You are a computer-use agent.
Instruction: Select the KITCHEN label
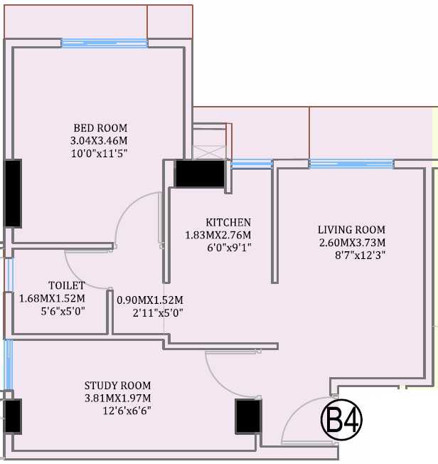pyautogui.click(x=228, y=223)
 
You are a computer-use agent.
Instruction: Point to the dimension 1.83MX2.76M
pyautogui.click(x=218, y=235)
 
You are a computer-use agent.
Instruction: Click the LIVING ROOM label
pyautogui.click(x=351, y=230)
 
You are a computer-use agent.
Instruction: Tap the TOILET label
pyautogui.click(x=67, y=285)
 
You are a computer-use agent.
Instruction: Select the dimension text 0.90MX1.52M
pyautogui.click(x=150, y=300)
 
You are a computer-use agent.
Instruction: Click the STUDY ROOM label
pyautogui.click(x=117, y=386)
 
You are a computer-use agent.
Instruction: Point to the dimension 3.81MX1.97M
pyautogui.click(x=117, y=399)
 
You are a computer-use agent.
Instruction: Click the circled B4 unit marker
pyautogui.click(x=342, y=421)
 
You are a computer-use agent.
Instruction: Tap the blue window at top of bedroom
pyautogui.click(x=104, y=43)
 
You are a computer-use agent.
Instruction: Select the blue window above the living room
pyautogui.click(x=351, y=164)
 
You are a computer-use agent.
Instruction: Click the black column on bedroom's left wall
pyautogui.click(x=12, y=193)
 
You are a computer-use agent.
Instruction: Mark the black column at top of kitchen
pyautogui.click(x=200, y=174)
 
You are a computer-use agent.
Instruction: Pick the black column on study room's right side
pyautogui.click(x=247, y=416)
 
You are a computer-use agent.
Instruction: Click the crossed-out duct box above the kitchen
pyautogui.click(x=209, y=152)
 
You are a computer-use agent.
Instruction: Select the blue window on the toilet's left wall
pyautogui.click(x=9, y=274)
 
